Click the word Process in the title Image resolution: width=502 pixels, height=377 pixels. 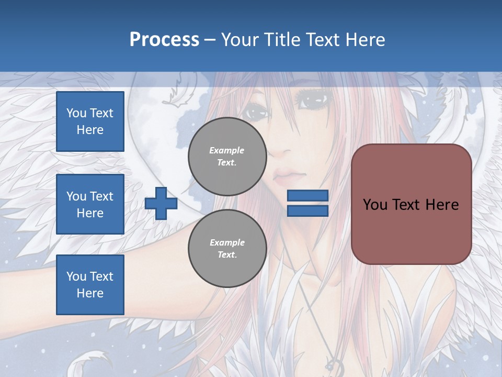point(164,40)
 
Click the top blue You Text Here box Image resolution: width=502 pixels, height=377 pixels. point(90,121)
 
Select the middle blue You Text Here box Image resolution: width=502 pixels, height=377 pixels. point(90,204)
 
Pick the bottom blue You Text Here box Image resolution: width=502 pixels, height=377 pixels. point(90,285)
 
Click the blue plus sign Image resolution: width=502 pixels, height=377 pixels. point(161,203)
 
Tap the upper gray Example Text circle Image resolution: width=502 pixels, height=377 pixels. point(227,157)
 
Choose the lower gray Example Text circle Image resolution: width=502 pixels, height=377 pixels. point(227,249)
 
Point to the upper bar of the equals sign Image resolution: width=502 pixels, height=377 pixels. point(307,195)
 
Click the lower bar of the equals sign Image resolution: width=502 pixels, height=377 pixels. point(307,211)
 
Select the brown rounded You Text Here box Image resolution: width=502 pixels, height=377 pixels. point(411,204)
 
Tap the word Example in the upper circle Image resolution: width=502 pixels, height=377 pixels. point(227,150)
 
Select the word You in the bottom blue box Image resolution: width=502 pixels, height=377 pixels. point(76,276)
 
